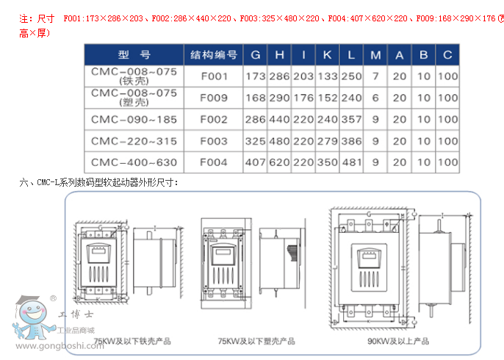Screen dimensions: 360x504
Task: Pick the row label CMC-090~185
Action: [134, 119]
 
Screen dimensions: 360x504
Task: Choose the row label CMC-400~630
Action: [134, 162]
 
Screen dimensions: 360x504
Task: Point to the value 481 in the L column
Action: [352, 162]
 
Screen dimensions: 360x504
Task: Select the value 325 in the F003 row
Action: [255, 140]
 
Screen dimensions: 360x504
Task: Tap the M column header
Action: [375, 55]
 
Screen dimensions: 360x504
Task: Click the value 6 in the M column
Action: [375, 98]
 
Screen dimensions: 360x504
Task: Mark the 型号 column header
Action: [134, 55]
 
